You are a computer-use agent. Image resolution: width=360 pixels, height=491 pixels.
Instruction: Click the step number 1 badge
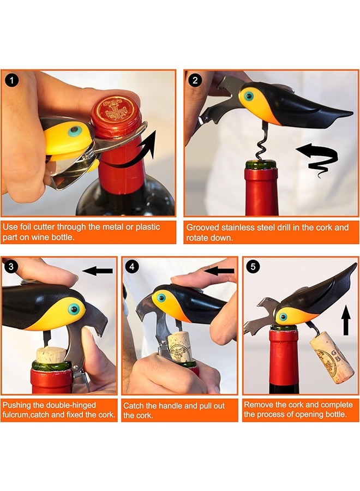tap(12, 81)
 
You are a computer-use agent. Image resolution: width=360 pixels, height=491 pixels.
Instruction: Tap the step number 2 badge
tap(195, 81)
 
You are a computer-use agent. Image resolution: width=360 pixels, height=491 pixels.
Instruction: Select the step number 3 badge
tap(11, 267)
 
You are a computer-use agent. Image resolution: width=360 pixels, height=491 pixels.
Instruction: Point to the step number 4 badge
tap(132, 267)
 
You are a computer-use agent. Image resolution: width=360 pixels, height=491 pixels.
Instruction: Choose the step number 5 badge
tap(253, 267)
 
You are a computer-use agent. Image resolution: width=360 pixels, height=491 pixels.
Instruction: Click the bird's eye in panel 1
tap(75, 131)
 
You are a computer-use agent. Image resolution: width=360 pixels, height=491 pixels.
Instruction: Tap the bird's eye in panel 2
tap(249, 96)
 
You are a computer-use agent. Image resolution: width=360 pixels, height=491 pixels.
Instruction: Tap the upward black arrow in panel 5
tap(346, 320)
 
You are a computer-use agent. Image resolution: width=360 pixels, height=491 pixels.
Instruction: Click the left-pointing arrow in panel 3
tap(97, 271)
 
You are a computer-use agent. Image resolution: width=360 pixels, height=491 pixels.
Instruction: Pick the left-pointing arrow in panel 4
tap(219, 271)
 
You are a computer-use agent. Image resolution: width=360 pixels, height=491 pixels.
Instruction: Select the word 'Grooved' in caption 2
tap(202, 227)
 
